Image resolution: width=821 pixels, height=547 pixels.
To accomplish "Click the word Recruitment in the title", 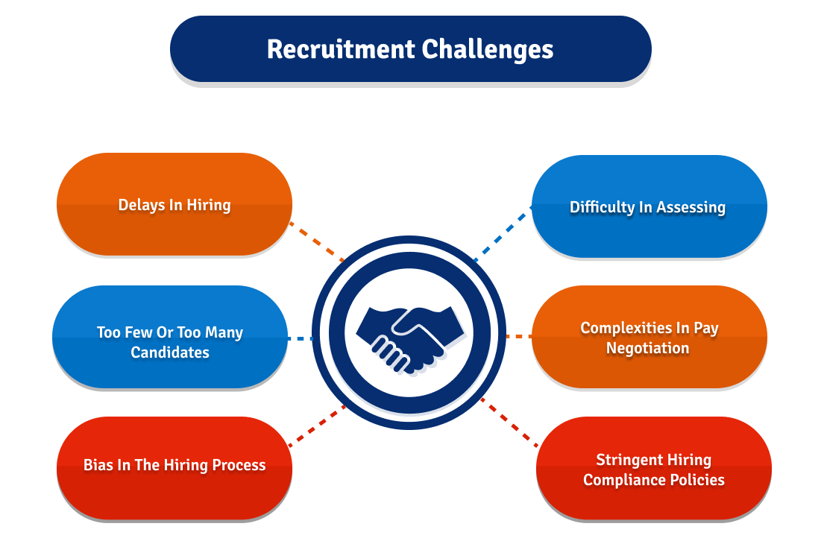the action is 341,49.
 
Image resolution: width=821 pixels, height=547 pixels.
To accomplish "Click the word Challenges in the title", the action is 488,50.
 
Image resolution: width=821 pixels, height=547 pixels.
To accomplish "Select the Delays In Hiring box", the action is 174,204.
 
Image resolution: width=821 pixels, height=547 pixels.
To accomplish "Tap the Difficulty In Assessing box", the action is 648,206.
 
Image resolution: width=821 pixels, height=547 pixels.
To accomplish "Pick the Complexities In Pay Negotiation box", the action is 648,337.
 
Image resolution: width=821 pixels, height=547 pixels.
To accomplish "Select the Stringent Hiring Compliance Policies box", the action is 653,469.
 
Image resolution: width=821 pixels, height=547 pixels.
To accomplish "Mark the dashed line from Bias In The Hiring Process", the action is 317,426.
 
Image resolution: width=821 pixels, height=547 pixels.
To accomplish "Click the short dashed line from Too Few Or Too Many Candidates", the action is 301,338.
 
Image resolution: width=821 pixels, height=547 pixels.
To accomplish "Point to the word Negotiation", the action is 647,348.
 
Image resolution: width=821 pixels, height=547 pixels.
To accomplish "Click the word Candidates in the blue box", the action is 170,352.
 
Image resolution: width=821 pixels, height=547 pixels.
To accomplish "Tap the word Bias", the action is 98,465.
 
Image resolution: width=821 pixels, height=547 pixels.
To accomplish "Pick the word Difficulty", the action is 602,207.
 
